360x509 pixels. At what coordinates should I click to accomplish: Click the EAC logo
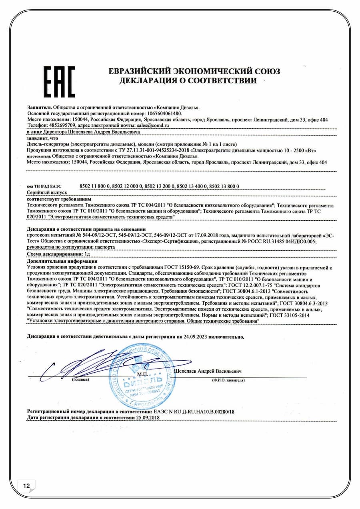click(58, 82)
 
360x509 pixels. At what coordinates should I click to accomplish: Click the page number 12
click(27, 486)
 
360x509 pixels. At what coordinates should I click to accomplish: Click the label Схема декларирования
click(55, 254)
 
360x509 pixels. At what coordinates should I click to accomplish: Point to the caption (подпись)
click(81, 379)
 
